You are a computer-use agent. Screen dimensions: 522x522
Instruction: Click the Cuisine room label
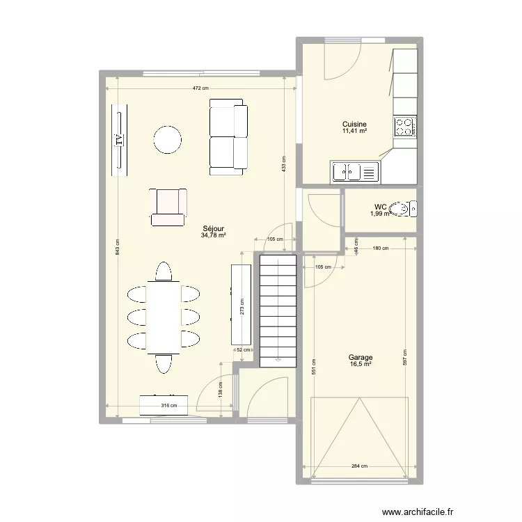[x=354, y=124]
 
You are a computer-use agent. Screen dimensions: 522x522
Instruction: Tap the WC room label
[x=380, y=207]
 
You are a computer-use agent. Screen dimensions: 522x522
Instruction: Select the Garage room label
[x=361, y=357]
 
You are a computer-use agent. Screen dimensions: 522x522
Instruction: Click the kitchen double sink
[x=355, y=171]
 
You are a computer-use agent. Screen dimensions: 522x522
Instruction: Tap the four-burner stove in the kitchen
[x=404, y=126]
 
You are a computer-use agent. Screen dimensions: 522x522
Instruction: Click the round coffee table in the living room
[x=168, y=139]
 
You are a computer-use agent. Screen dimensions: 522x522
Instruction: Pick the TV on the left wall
[x=118, y=139]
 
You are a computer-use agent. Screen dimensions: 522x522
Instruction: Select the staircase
[x=278, y=310]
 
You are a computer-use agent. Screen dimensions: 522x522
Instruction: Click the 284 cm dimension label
[x=359, y=466]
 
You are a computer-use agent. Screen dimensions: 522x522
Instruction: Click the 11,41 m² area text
[x=354, y=130]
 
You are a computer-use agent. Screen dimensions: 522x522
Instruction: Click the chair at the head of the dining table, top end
[x=164, y=271]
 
